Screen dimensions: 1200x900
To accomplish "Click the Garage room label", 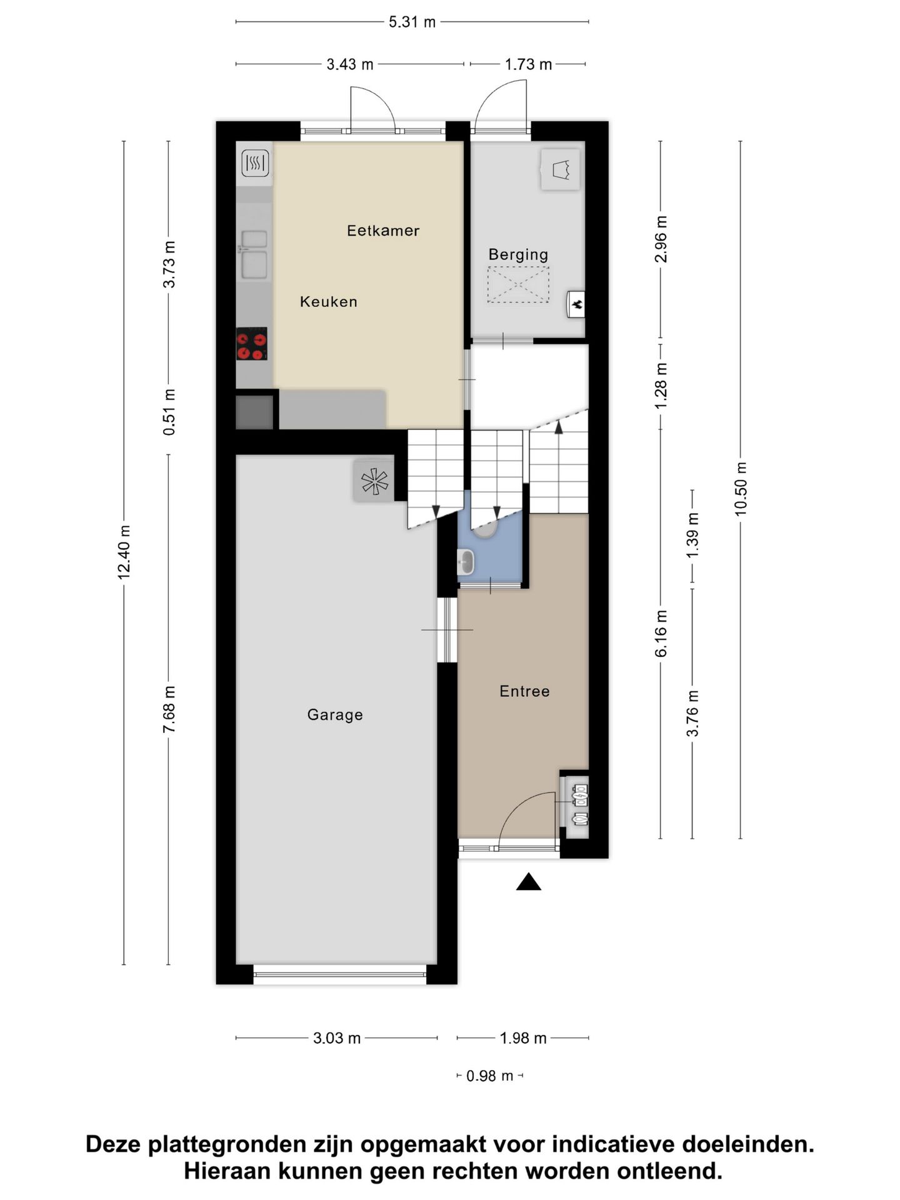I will click(x=334, y=714).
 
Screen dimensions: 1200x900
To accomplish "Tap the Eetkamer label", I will click(x=382, y=231).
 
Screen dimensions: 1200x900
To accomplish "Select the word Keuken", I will click(x=328, y=302).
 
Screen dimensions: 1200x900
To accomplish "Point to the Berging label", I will click(x=518, y=254).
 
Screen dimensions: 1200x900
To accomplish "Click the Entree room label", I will click(x=524, y=691).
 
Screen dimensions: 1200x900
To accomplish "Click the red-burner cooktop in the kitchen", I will click(x=251, y=344).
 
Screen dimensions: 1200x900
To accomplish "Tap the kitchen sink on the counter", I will click(x=254, y=254).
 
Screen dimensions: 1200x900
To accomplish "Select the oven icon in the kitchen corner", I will click(x=255, y=164).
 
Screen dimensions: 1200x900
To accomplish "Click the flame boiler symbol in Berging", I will click(x=576, y=304).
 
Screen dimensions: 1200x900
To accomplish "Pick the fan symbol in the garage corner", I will click(x=374, y=481).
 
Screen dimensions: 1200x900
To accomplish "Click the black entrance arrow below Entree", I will click(x=528, y=882).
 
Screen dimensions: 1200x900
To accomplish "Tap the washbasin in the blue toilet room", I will click(x=466, y=562).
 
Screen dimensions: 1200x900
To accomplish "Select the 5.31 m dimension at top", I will click(x=412, y=22).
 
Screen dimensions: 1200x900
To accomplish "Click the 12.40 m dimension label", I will click(x=124, y=552).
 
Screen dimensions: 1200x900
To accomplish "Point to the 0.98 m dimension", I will click(x=489, y=1076).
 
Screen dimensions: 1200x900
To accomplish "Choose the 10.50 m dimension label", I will click(x=741, y=489).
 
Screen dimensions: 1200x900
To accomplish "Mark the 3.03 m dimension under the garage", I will click(x=336, y=1038).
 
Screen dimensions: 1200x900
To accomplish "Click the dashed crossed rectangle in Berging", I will click(x=518, y=285).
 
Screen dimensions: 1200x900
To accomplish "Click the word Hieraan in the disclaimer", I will click(x=228, y=1171).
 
